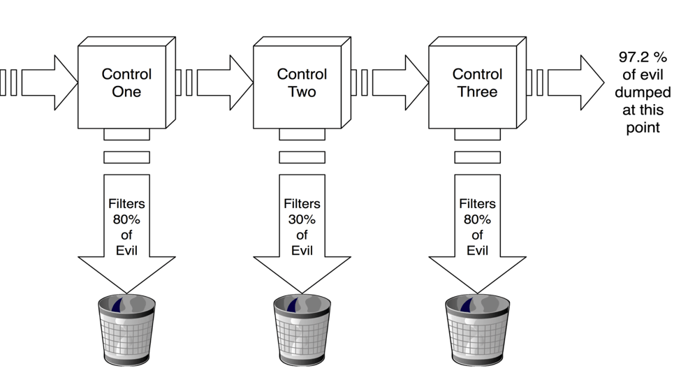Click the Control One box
pos(123,84)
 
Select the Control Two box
pos(298,84)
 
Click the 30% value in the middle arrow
pos(302,219)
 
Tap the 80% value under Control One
pos(126,219)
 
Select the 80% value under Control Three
pos(477,219)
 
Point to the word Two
pos(302,92)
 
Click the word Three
pos(477,92)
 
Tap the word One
pos(126,92)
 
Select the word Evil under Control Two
pos(302,251)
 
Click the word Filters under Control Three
pos(477,204)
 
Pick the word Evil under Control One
pos(126,251)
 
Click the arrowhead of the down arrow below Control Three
pos(477,274)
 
